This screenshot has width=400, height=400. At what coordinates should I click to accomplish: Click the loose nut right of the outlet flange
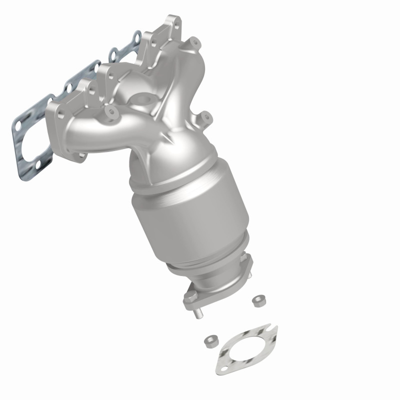coord(258,300)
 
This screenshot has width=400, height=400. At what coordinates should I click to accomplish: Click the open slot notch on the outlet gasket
coord(271,328)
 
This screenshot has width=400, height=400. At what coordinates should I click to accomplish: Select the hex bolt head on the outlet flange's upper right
coord(245,259)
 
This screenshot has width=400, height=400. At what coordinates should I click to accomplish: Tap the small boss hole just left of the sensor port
coord(109,108)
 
